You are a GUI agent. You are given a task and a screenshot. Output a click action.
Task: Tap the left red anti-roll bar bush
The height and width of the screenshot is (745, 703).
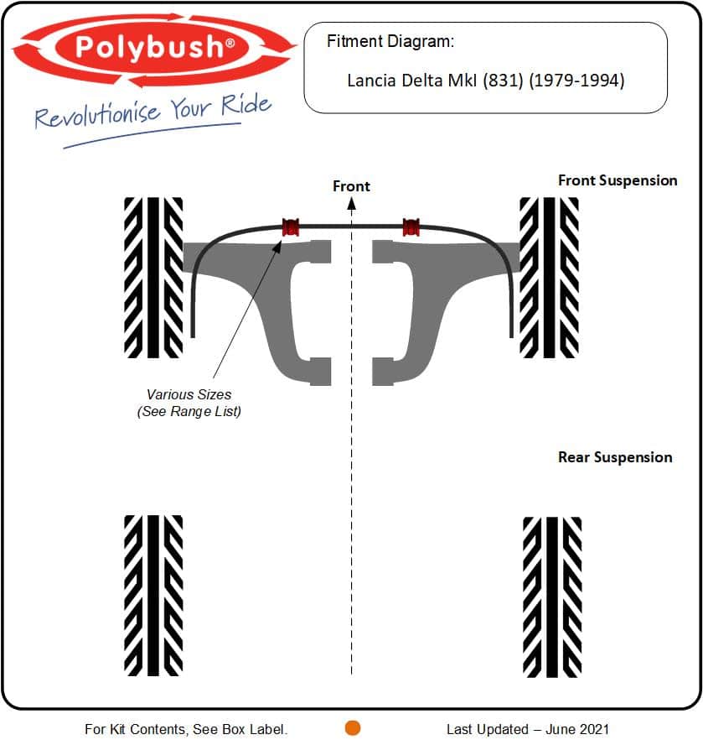coord(291,227)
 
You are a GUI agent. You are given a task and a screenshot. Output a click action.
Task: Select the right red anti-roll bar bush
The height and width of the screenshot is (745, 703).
coord(411,227)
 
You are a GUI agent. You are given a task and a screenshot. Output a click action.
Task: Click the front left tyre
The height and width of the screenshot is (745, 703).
coord(153,278)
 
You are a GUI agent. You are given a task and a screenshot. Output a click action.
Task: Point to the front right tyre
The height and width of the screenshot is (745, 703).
coord(549,278)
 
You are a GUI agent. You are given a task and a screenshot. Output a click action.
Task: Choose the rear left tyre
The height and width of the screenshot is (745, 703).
coord(153,596)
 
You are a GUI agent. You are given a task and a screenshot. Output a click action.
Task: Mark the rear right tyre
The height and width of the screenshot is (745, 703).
coord(552,597)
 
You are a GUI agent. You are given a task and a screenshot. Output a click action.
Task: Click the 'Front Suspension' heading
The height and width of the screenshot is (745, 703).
coord(618,180)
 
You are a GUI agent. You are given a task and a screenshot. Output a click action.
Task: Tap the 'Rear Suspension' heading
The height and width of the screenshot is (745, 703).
coord(615,457)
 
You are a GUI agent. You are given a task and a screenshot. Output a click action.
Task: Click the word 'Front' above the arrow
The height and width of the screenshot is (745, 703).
coord(351,185)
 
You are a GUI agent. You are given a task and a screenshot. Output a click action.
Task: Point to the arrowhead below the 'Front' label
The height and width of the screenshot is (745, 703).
coord(351,203)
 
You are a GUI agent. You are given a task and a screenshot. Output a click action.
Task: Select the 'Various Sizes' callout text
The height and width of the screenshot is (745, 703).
coord(189,394)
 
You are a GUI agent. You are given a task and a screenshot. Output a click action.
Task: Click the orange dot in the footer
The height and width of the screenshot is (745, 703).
coord(352,727)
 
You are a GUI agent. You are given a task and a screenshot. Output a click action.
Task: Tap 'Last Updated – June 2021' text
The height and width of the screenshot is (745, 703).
coord(528,729)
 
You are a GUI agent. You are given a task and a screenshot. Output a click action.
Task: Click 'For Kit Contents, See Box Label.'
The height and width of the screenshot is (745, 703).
coord(186,729)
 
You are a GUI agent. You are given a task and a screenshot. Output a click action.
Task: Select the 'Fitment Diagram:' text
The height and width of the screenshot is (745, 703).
coord(390,41)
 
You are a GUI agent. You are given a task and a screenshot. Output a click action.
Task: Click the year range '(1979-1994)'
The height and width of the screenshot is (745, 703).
coord(576,81)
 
